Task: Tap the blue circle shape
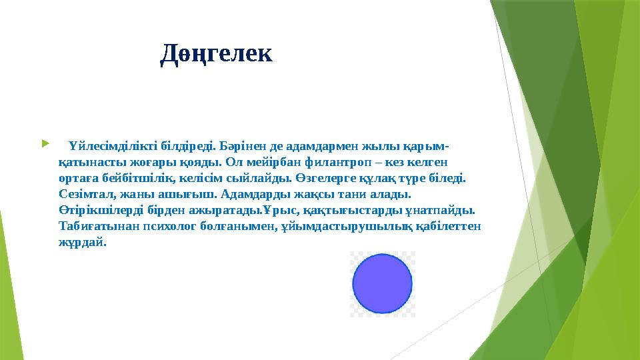382,284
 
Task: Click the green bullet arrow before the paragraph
45,143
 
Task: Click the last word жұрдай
83,243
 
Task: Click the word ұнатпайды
441,211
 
